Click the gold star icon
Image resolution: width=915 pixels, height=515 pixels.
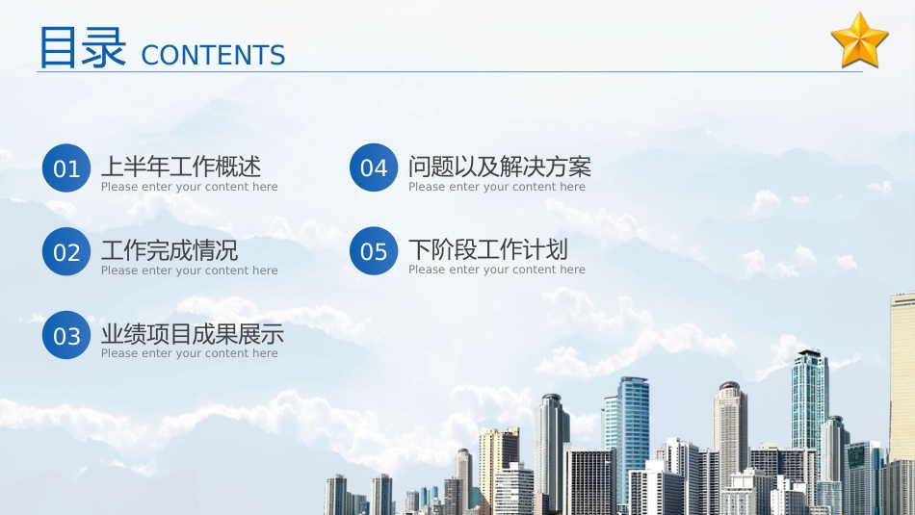pos(859,40)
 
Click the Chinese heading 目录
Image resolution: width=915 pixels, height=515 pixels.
pos(82,47)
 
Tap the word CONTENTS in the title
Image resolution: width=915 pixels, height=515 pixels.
pos(213,56)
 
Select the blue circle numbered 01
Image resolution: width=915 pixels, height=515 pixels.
pos(66,168)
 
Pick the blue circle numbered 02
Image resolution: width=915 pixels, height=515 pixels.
pos(66,252)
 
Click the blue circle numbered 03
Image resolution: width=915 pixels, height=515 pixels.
pos(66,335)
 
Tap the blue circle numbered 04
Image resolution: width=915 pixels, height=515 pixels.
pos(374,167)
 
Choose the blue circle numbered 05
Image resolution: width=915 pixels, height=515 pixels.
pos(374,251)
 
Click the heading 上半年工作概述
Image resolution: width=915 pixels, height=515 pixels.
pos(181,167)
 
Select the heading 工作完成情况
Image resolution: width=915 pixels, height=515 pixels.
pos(170,250)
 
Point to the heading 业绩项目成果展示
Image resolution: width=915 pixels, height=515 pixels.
pos(193,334)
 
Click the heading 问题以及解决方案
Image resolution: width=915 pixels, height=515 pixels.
pos(500,167)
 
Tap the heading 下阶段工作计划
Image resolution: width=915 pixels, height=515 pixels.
pos(488,249)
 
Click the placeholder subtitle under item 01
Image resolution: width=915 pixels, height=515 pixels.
pos(190,187)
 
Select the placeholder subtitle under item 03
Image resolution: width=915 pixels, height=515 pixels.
pos(190,353)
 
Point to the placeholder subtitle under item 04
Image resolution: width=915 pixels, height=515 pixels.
pos(497,187)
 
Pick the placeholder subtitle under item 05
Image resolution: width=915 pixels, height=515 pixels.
pos(497,270)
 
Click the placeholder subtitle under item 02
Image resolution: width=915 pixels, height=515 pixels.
pos(190,270)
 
